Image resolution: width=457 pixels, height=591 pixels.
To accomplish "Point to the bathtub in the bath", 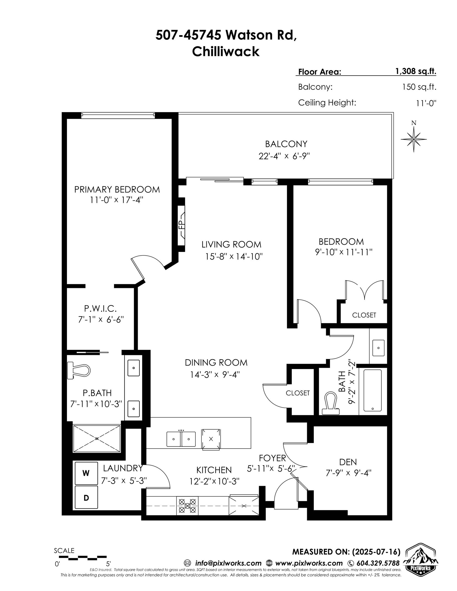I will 372,391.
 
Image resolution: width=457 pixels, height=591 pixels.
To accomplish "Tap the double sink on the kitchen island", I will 181,439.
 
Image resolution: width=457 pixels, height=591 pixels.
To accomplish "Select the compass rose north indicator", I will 413,139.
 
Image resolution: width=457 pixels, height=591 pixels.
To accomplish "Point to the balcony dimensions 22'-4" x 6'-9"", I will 284,156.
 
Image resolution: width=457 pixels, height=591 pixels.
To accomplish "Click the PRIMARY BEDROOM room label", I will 117,189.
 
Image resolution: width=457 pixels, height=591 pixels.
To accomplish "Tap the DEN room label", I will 348,462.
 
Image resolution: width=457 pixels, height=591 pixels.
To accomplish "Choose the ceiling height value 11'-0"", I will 426,103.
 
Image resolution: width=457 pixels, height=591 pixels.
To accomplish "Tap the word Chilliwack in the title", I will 226,51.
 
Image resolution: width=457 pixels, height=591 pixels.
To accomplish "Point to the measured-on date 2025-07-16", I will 376,551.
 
